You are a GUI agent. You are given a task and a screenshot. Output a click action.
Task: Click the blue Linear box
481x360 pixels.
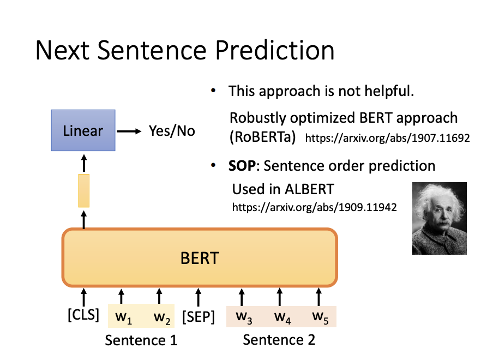(x=83, y=130)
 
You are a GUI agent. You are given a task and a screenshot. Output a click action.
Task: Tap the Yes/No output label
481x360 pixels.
(x=172, y=131)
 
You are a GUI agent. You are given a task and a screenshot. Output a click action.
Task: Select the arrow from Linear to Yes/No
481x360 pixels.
(x=129, y=131)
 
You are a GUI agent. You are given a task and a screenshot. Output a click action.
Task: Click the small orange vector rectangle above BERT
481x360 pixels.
(x=84, y=190)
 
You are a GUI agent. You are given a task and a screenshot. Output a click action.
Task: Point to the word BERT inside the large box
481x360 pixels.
(x=200, y=258)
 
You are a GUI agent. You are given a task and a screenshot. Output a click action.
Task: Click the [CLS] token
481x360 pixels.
(x=83, y=315)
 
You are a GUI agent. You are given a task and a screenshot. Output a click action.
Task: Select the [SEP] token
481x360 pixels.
(x=199, y=317)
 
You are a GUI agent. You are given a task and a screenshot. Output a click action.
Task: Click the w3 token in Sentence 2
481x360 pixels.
(x=244, y=317)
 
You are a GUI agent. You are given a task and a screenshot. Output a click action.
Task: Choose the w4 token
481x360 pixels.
(x=282, y=317)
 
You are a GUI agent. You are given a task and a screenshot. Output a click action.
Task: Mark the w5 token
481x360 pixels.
(x=320, y=317)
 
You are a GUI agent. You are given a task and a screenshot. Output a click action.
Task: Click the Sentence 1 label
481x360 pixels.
(x=141, y=340)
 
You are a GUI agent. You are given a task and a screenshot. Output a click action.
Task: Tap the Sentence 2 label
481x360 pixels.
(x=279, y=340)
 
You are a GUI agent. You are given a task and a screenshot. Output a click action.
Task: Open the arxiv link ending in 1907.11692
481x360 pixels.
(x=387, y=138)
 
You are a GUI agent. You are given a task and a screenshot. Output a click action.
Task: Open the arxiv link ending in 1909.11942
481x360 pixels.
(x=315, y=207)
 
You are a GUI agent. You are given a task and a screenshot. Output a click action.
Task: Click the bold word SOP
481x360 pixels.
(x=242, y=166)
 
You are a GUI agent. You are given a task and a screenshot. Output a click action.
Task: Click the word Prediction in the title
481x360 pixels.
(x=275, y=50)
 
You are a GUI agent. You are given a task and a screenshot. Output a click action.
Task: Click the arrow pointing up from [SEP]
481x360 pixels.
(x=199, y=297)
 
